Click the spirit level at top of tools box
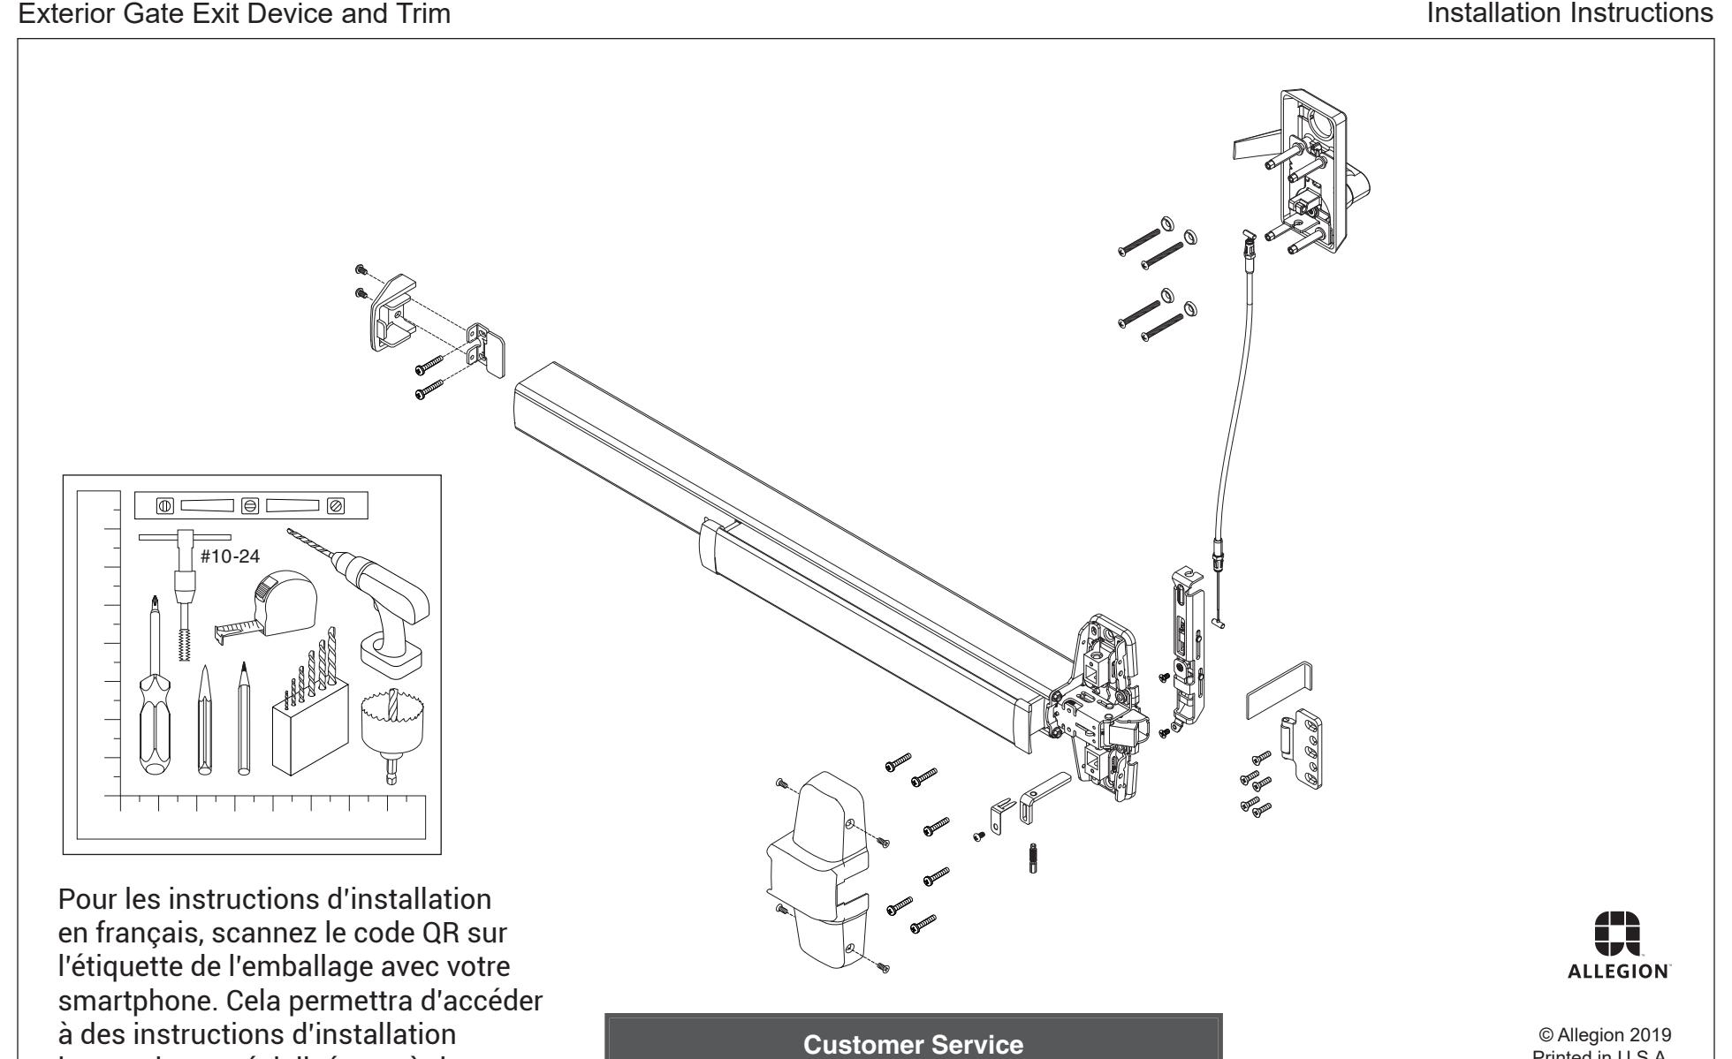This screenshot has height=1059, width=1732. (x=250, y=506)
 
